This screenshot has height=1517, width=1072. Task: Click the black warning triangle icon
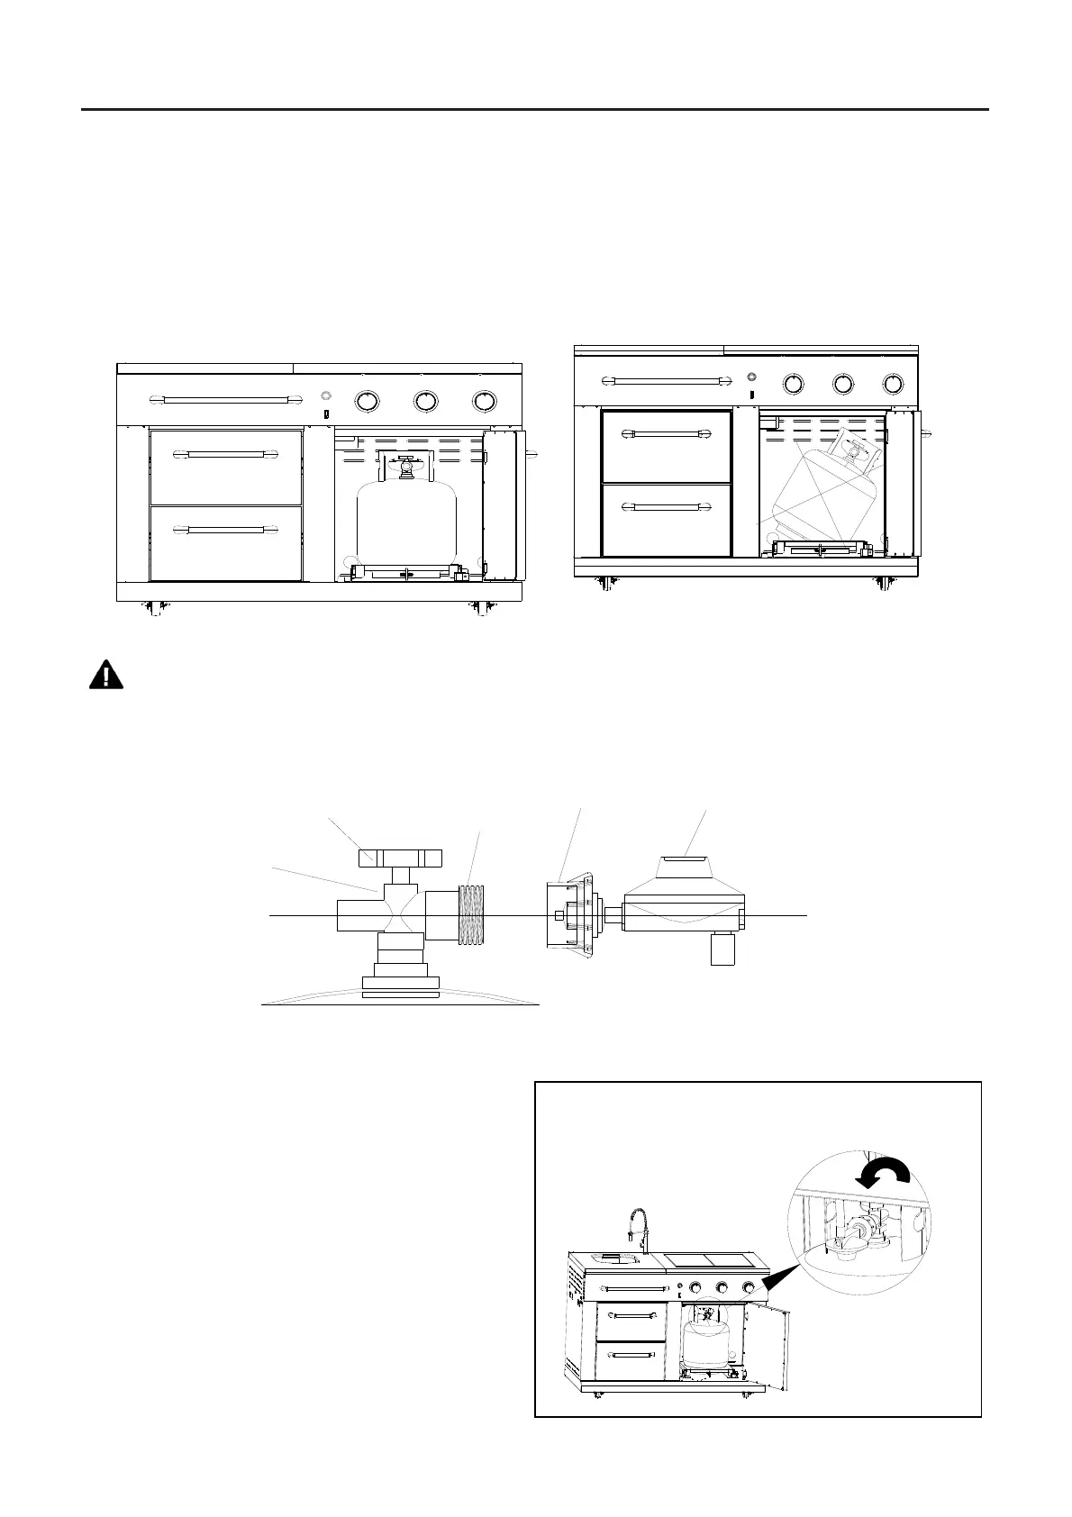[106, 676]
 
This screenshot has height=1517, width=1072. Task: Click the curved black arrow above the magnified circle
[884, 1174]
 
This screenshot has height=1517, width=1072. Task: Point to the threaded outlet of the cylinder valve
[473, 914]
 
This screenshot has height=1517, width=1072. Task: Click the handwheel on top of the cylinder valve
[401, 857]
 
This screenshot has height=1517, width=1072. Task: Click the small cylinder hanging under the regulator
[723, 949]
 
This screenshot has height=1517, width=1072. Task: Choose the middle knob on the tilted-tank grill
[843, 384]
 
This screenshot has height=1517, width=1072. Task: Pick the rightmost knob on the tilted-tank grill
[893, 384]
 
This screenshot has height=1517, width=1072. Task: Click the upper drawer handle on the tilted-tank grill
[666, 434]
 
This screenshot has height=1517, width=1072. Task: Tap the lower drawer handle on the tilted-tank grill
[666, 508]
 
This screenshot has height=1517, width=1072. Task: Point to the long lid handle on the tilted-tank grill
[668, 382]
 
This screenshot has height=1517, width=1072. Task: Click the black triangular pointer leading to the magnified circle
[777, 1280]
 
